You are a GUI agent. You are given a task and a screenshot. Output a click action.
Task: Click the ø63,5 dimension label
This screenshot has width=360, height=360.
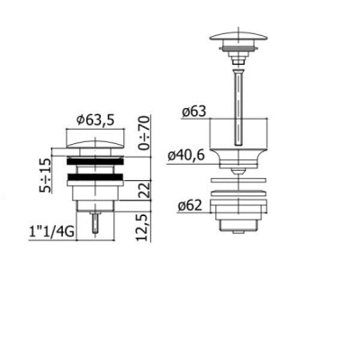[x=95, y=120]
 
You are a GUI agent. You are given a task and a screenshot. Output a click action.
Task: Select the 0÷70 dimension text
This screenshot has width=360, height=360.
[x=144, y=133]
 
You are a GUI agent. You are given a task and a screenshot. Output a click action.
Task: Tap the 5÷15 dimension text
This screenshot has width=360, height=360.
[x=45, y=175]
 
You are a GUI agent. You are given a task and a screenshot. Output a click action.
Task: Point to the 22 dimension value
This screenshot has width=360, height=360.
[x=145, y=189]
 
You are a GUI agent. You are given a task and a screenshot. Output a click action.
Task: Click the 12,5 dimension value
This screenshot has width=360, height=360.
[x=144, y=228]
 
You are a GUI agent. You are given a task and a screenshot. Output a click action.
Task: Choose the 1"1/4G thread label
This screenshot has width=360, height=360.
[x=52, y=232]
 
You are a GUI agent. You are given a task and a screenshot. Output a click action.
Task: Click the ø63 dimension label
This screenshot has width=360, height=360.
[x=194, y=112]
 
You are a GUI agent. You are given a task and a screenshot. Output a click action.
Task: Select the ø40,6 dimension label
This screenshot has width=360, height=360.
[x=186, y=156]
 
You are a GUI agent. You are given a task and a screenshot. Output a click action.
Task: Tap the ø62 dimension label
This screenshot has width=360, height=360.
[x=190, y=206]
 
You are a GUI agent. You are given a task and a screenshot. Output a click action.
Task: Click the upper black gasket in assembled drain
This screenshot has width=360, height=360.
[x=94, y=161]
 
